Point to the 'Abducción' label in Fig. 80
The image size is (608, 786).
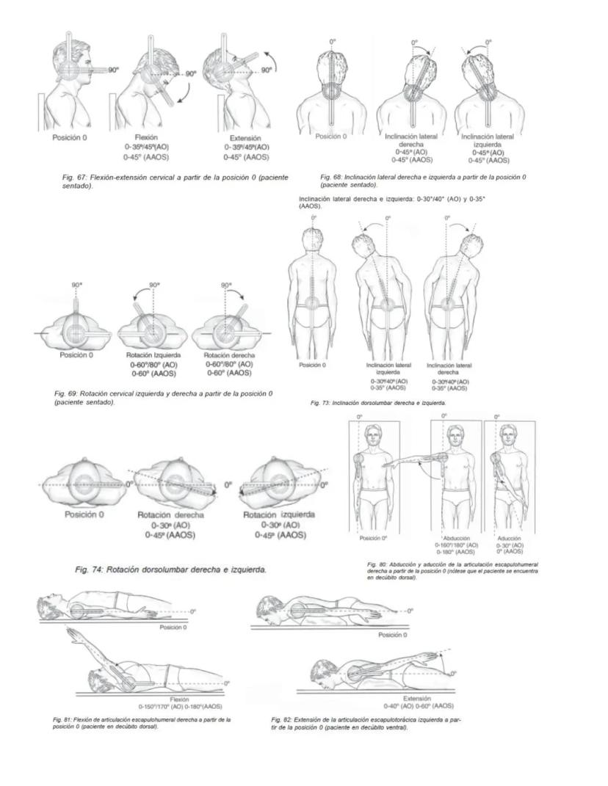click(456, 538)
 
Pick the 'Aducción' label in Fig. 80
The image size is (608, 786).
click(510, 538)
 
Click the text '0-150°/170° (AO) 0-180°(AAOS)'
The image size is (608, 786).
click(180, 707)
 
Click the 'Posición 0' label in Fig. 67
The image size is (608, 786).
click(71, 137)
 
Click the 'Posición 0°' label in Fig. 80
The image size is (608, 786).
click(373, 538)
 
